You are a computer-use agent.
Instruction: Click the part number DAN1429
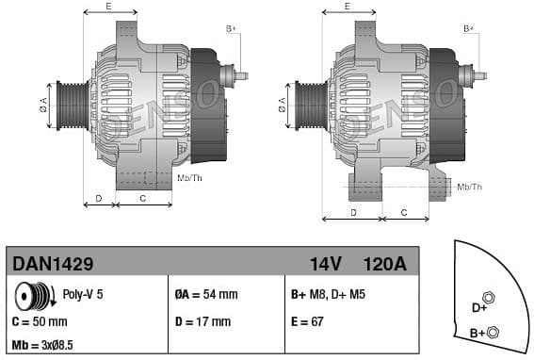tap(51, 263)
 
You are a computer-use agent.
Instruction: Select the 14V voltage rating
tap(325, 263)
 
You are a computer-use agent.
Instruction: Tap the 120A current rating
tap(384, 263)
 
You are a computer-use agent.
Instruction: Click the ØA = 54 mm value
tap(206, 295)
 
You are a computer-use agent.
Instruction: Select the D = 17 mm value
tap(202, 321)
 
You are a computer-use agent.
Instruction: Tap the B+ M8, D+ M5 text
tap(327, 295)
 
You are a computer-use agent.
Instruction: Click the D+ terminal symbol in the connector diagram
tap(488, 298)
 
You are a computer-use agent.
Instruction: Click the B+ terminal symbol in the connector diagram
tap(494, 330)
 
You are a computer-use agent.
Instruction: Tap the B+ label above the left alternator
tap(231, 29)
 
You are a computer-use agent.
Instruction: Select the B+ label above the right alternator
tap(469, 29)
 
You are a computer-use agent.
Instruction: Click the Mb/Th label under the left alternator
tap(190, 177)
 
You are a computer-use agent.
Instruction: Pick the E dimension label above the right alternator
tap(348, 7)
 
